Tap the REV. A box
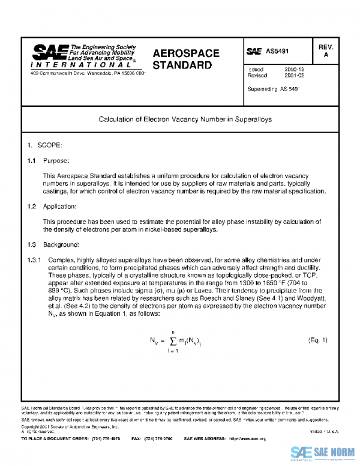click(x=326, y=51)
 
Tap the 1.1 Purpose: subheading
click(x=50, y=161)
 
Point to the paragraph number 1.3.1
click(x=35, y=259)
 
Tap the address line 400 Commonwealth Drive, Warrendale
click(x=88, y=73)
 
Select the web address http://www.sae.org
click(x=244, y=439)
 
